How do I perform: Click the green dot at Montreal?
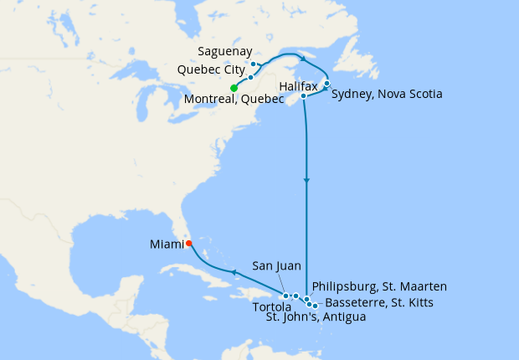pyautogui.click(x=234, y=88)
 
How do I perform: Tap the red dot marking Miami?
pyautogui.click(x=188, y=244)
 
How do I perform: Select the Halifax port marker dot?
pyautogui.click(x=303, y=96)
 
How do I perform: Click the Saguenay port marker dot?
pyautogui.click(x=254, y=64)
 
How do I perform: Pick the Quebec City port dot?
pyautogui.click(x=250, y=77)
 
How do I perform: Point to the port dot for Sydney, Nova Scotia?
pyautogui.click(x=326, y=83)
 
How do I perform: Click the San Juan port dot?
pyautogui.click(x=286, y=296)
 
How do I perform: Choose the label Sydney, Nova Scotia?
pyautogui.click(x=387, y=94)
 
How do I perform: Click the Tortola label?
pyautogui.click(x=273, y=307)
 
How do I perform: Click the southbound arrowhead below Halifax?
pyautogui.click(x=307, y=181)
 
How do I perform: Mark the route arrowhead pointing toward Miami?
pyautogui.click(x=234, y=272)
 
